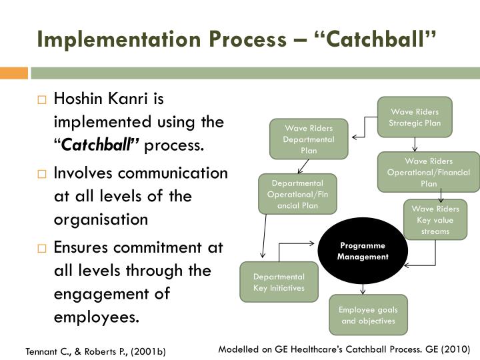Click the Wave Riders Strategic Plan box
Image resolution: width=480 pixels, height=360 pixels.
pyautogui.click(x=414, y=117)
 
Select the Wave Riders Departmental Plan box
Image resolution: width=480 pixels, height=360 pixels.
pyautogui.click(x=308, y=139)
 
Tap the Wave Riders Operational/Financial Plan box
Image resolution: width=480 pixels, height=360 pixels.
pyautogui.click(x=428, y=172)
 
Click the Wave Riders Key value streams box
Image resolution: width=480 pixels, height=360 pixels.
pyautogui.click(x=435, y=220)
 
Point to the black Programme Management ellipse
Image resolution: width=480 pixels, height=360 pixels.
pyautogui.click(x=362, y=251)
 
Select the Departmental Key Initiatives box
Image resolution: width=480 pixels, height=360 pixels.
pyautogui.click(x=279, y=282)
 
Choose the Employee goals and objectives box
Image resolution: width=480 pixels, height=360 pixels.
pyautogui.click(x=368, y=315)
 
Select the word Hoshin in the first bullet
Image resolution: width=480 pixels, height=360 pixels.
pyautogui.click(x=79, y=99)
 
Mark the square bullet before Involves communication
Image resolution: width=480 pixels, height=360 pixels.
pyautogui.click(x=42, y=175)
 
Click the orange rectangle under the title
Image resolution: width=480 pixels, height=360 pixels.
pyautogui.click(x=13, y=73)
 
